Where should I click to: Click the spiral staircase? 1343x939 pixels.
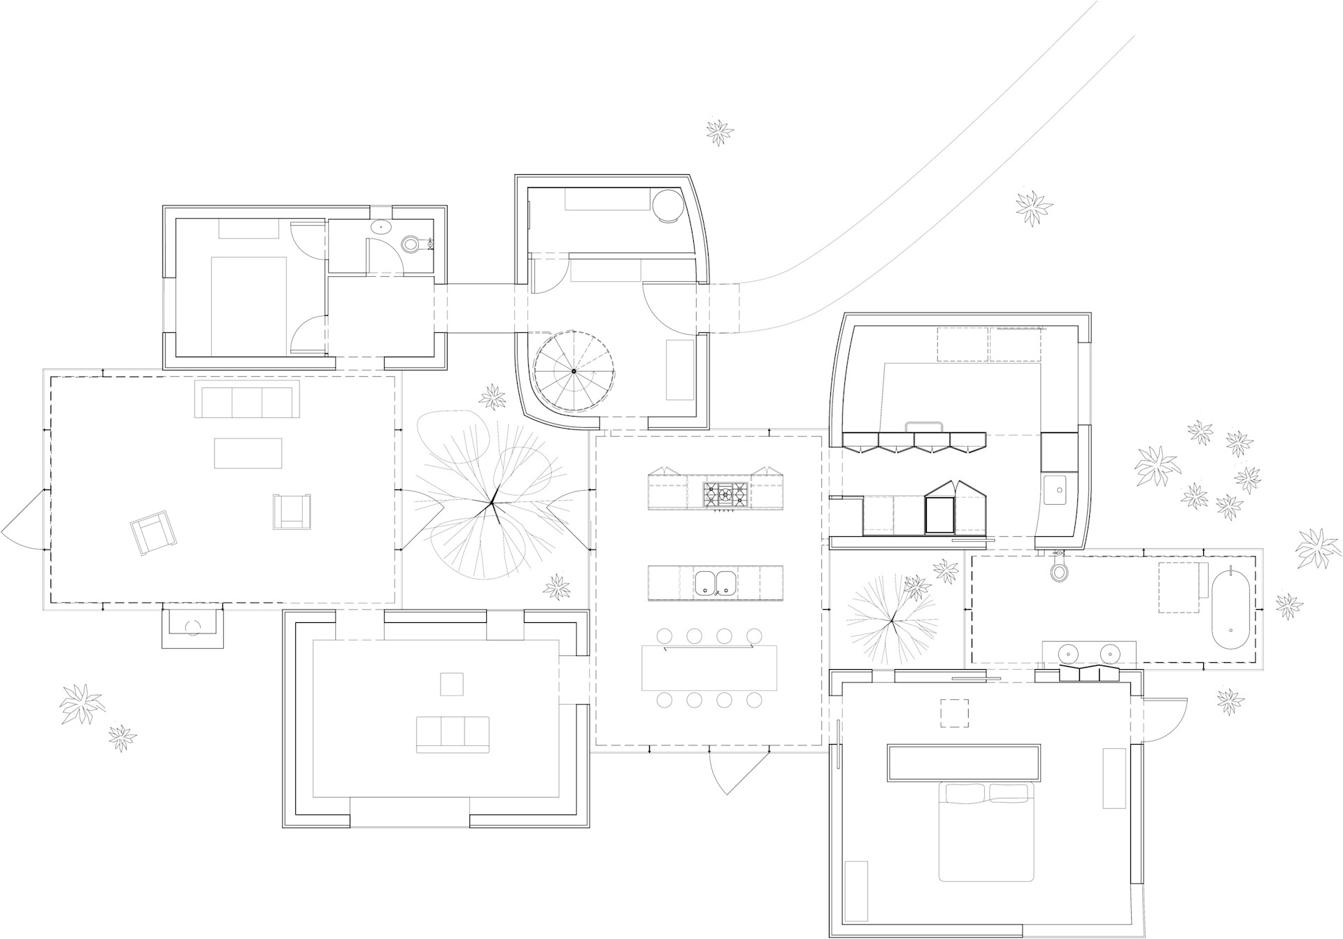pos(574,371)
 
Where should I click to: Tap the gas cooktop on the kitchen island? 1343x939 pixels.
pos(725,494)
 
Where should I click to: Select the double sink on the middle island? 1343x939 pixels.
pos(715,582)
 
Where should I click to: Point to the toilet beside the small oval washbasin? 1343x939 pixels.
pos(410,244)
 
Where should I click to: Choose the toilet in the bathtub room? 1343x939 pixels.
pos(1060,570)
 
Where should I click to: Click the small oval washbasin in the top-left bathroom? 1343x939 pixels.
pos(381,227)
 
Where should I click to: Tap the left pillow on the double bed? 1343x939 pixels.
pos(965,793)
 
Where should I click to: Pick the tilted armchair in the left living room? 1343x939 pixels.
pos(153,532)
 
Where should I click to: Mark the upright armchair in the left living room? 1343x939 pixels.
pos(292,511)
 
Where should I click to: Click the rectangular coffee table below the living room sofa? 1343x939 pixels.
pos(248,452)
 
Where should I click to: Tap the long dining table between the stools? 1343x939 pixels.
pos(709,668)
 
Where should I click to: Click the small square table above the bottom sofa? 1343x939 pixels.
pos(451,684)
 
